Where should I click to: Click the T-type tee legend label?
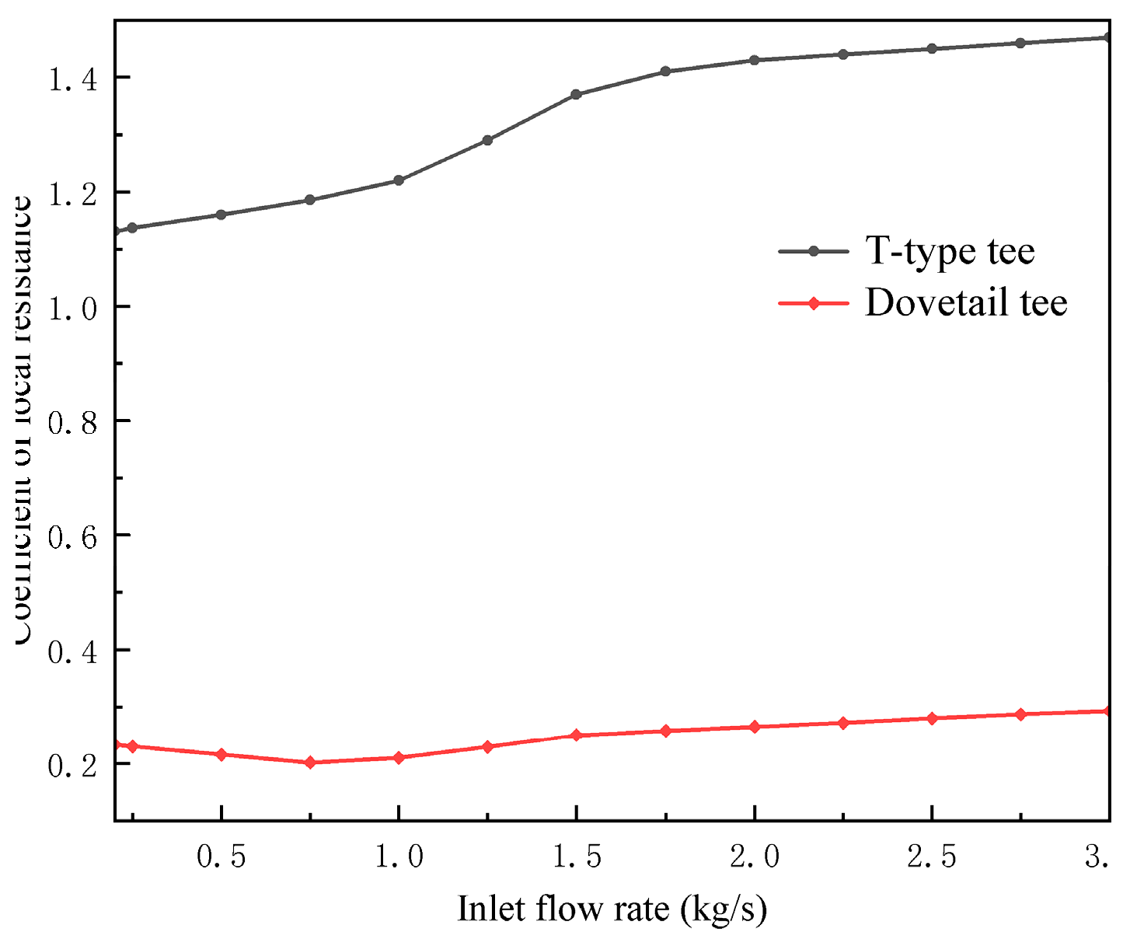[950, 251]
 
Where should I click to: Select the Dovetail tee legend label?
[966, 302]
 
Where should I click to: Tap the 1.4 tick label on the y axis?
[73, 79]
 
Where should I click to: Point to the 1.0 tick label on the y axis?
[73, 307]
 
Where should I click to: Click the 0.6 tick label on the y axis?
[73, 536]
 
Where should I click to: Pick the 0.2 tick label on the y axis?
[73, 765]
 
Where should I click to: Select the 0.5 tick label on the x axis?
[221, 857]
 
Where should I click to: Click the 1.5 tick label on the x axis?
[577, 857]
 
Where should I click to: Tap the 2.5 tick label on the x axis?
[932, 857]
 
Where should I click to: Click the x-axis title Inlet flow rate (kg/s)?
[612, 909]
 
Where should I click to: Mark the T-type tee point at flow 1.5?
[576, 94]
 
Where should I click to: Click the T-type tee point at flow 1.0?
[399, 180]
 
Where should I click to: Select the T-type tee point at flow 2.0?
[754, 60]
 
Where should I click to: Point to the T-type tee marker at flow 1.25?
[487, 140]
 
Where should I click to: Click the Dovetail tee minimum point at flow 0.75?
[310, 763]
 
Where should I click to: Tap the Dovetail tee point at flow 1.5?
[576, 735]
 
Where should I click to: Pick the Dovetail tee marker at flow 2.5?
[932, 718]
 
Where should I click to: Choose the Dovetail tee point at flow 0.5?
[221, 755]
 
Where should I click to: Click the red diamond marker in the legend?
[814, 302]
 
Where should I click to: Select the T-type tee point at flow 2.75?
[1020, 43]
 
